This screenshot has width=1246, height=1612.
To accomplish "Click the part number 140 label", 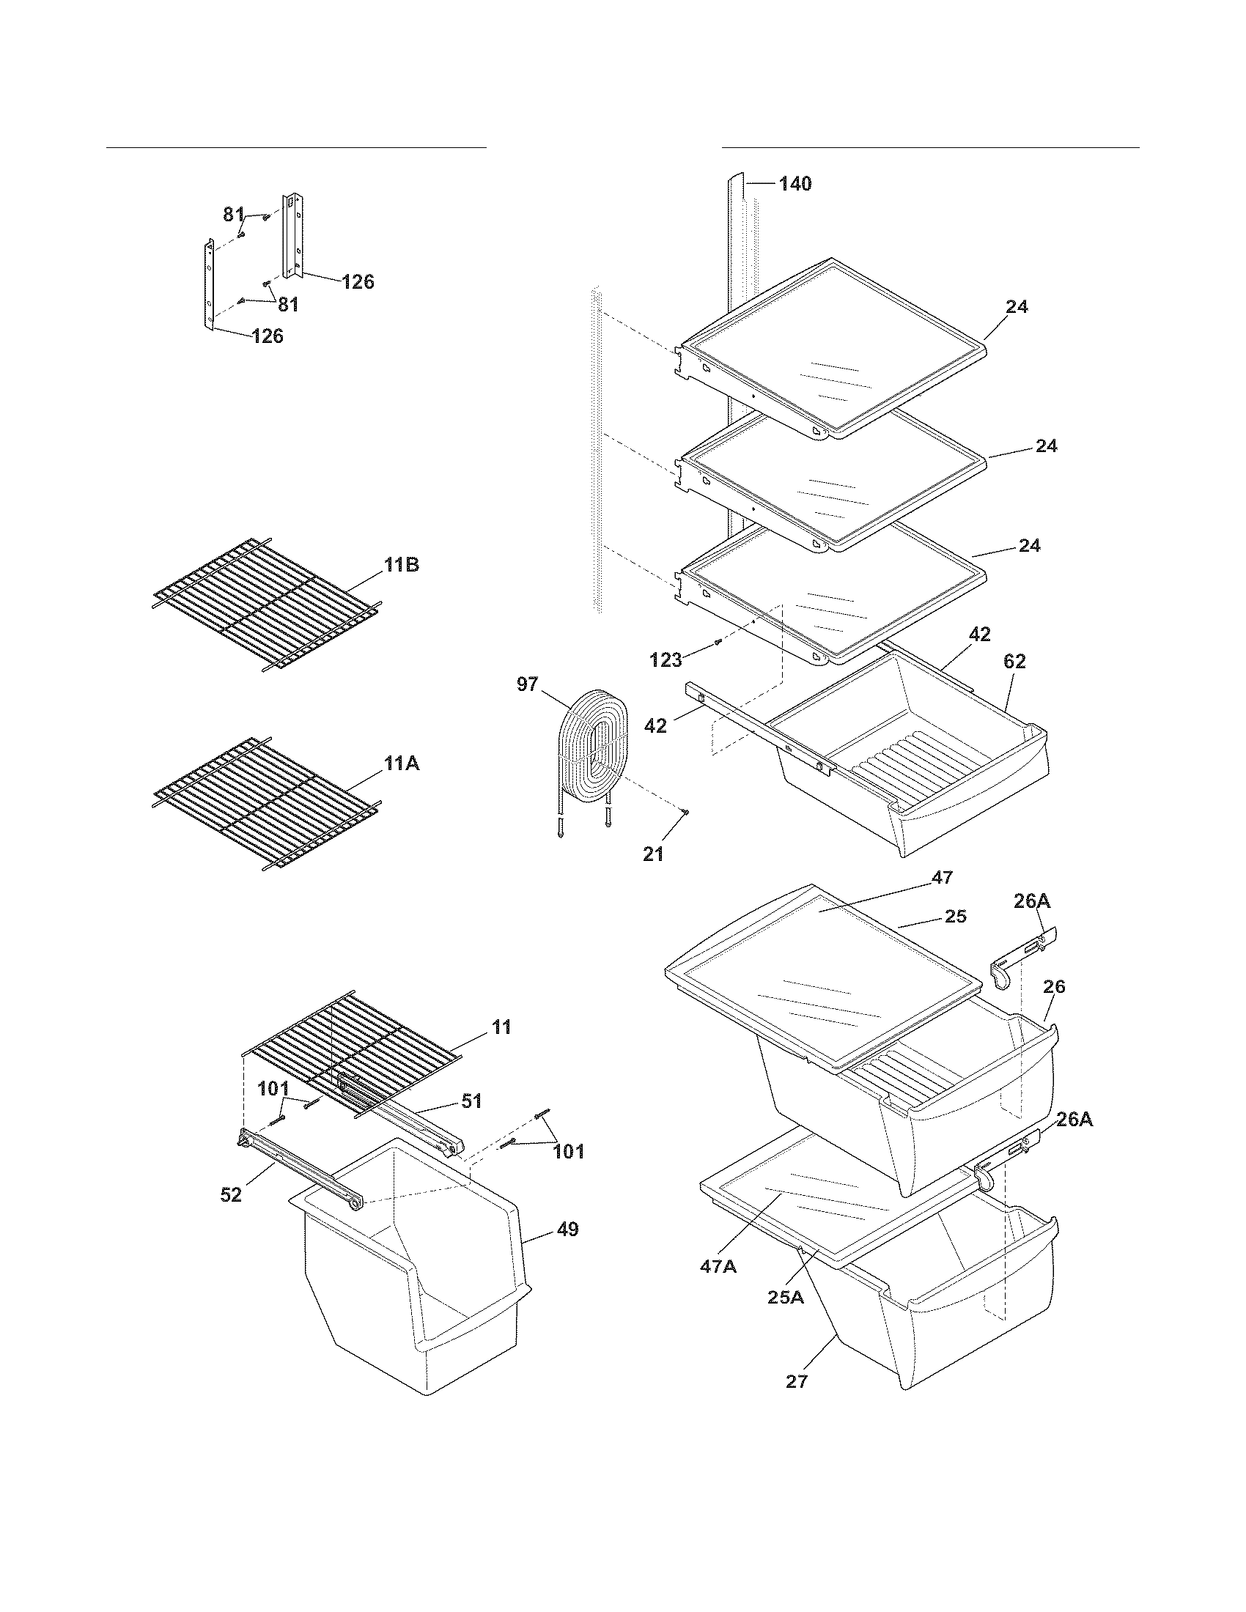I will tap(795, 184).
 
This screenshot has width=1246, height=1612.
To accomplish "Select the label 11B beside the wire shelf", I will tap(402, 566).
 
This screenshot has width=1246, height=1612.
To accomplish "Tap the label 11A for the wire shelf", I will tap(402, 764).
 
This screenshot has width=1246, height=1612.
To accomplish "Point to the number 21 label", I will tap(653, 854).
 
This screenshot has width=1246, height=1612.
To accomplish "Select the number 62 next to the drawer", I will tap(1014, 662).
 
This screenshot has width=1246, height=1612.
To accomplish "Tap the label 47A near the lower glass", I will tap(718, 1267).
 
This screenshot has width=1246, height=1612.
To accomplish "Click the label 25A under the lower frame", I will tap(785, 1297).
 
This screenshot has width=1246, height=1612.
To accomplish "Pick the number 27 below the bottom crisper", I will tap(797, 1381).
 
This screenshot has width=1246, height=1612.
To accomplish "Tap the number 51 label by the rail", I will tap(472, 1101).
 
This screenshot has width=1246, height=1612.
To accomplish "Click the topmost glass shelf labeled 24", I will tap(834, 347).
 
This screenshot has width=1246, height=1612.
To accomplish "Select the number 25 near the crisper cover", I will tap(956, 916).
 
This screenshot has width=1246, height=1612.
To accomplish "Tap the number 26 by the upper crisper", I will tap(1054, 987).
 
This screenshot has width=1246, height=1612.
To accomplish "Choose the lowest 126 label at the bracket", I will tap(268, 336).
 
